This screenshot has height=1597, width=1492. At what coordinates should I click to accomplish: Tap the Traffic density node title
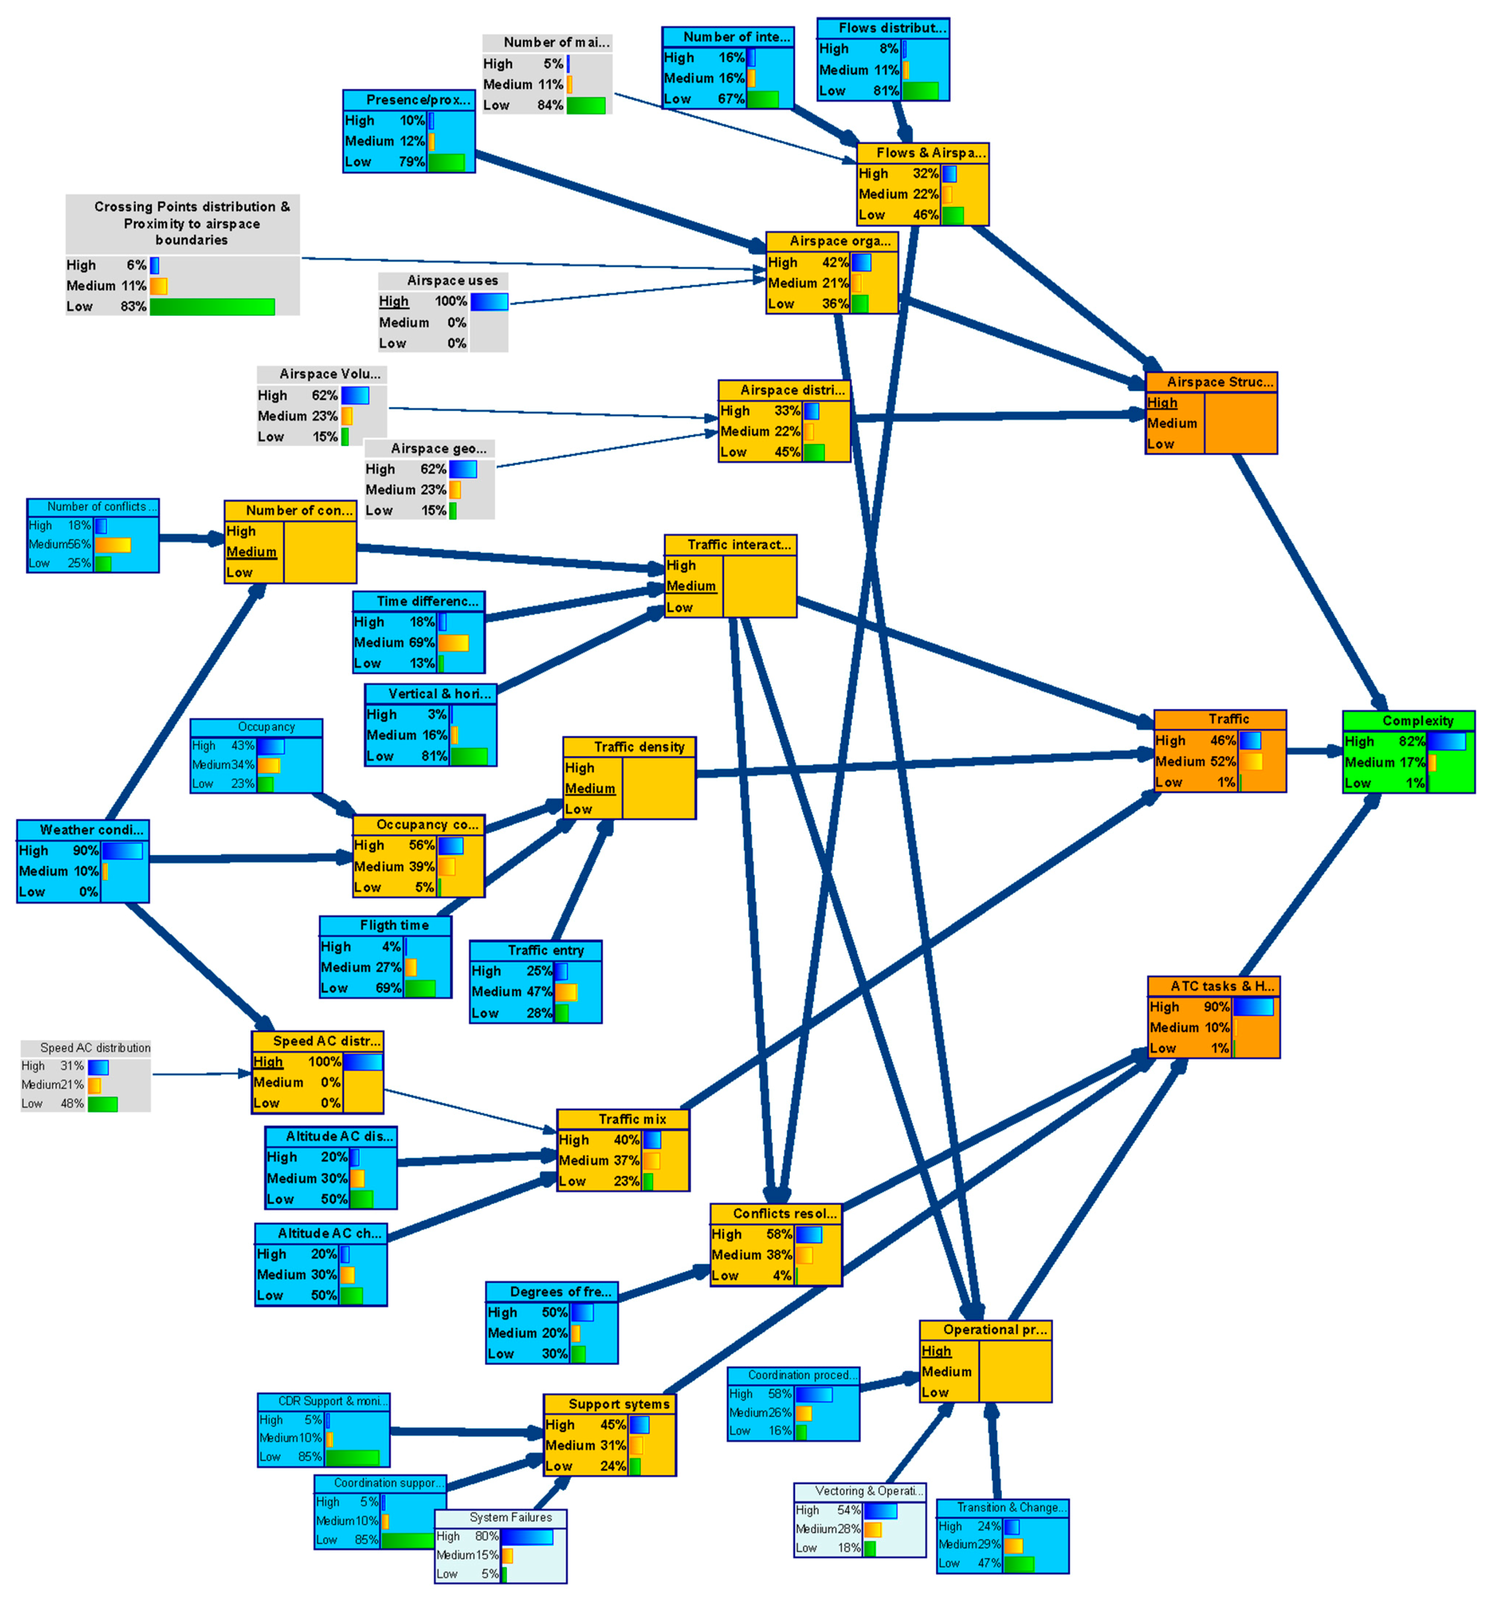coord(639,747)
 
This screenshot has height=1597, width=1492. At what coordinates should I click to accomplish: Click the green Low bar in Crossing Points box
coord(212,307)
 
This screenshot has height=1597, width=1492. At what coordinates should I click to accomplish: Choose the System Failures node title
coord(511,1517)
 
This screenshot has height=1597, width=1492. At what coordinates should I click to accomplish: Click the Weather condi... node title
coord(91,830)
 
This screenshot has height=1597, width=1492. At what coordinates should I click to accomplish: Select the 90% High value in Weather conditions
coord(85,851)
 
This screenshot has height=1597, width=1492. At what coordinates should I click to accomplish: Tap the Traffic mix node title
coord(632,1119)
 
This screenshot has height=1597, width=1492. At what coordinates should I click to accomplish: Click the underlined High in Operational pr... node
coord(936,1351)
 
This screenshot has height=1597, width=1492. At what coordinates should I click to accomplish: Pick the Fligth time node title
coord(394,926)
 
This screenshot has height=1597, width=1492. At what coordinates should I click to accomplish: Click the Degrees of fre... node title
coord(561,1292)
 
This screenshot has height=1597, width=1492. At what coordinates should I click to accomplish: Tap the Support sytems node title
coord(619,1404)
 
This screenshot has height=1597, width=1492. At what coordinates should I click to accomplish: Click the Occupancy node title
coord(266,727)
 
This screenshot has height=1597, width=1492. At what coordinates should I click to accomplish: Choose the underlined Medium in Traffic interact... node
coord(691,586)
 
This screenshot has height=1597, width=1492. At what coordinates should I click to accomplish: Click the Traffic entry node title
coord(545,950)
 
